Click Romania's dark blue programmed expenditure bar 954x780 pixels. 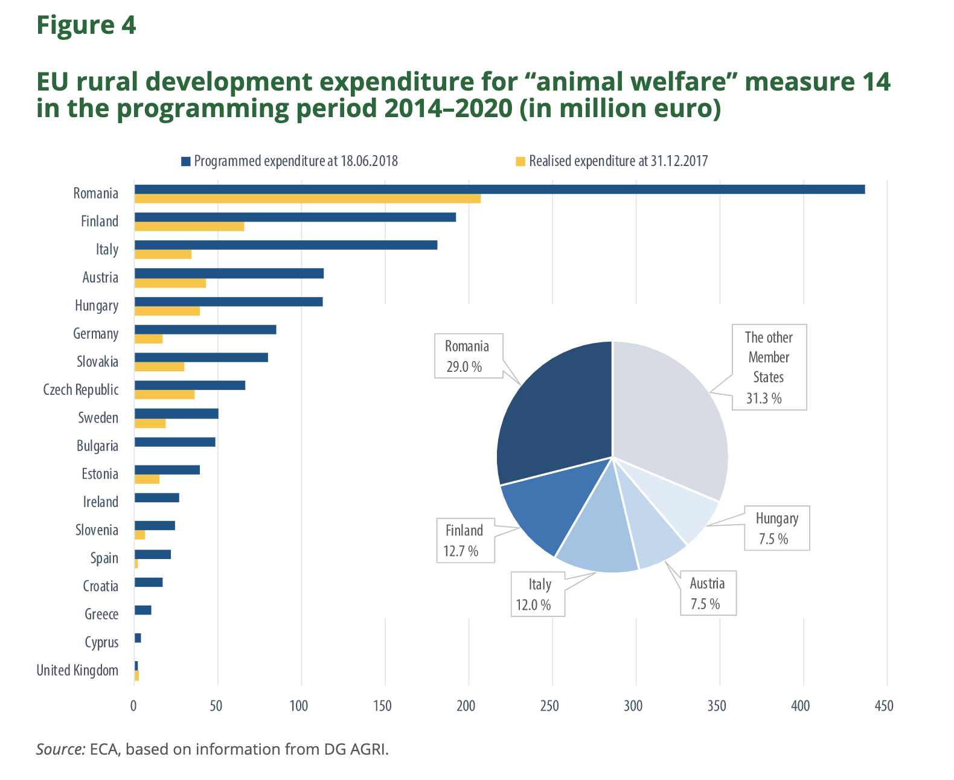(x=499, y=189)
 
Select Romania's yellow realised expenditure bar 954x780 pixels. (x=307, y=199)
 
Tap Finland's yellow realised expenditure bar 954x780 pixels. (x=189, y=226)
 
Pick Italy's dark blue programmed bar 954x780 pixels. (x=286, y=245)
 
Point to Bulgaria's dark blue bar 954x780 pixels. (x=174, y=442)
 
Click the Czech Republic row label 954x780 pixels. (x=81, y=390)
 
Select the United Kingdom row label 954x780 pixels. (x=77, y=671)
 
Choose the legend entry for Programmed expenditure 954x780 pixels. (x=295, y=161)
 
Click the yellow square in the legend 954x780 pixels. (x=520, y=161)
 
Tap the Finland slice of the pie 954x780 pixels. (x=543, y=513)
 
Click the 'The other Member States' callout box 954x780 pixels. (x=769, y=367)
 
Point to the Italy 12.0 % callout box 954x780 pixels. (x=538, y=594)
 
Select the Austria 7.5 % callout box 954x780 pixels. (x=708, y=593)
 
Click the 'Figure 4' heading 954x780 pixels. (x=86, y=25)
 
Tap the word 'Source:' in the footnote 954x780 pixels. (x=60, y=749)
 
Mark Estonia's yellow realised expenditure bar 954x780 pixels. (x=147, y=479)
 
